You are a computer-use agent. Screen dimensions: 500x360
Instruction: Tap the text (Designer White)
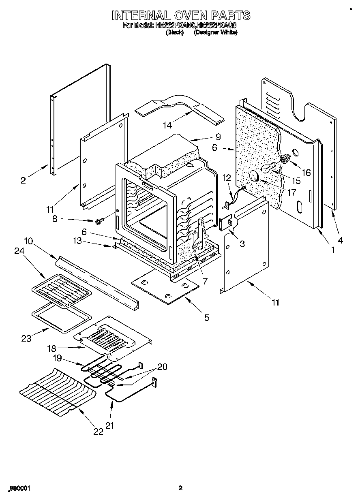tap(216, 32)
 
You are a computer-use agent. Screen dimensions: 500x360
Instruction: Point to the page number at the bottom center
tap(180, 488)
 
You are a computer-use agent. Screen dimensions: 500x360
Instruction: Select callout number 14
tap(167, 125)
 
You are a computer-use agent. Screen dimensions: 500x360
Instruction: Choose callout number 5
tap(207, 318)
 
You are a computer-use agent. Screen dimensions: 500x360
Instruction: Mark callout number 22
tap(99, 432)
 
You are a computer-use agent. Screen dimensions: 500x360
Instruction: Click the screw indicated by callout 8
tap(99, 221)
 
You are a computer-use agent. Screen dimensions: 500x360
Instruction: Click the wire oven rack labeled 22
tap(57, 393)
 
